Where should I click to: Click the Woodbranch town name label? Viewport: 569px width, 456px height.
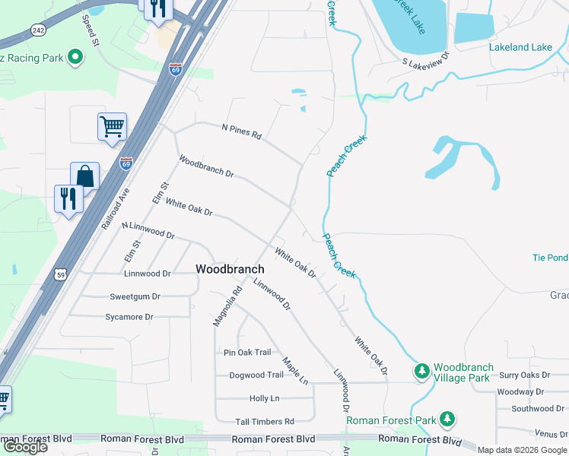[x=230, y=269]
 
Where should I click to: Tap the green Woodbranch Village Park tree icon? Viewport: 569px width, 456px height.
[x=421, y=372]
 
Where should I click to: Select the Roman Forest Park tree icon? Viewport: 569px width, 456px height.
[x=448, y=419]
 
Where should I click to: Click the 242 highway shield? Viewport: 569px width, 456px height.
[x=38, y=29]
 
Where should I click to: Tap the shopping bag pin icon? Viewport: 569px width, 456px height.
[x=85, y=176]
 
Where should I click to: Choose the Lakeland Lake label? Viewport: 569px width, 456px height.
[x=520, y=47]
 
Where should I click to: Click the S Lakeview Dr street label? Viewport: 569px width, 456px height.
[x=426, y=59]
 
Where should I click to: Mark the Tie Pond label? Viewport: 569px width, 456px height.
[x=550, y=258]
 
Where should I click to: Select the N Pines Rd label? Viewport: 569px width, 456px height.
[x=241, y=131]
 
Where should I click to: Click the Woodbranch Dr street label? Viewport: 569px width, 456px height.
[x=206, y=166]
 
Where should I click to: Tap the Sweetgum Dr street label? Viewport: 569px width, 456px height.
[x=135, y=296]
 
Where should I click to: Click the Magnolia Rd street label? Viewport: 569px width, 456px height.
[x=227, y=306]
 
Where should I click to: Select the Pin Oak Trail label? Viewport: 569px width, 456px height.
[x=247, y=352]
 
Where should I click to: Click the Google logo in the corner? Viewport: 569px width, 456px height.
[x=25, y=446]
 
